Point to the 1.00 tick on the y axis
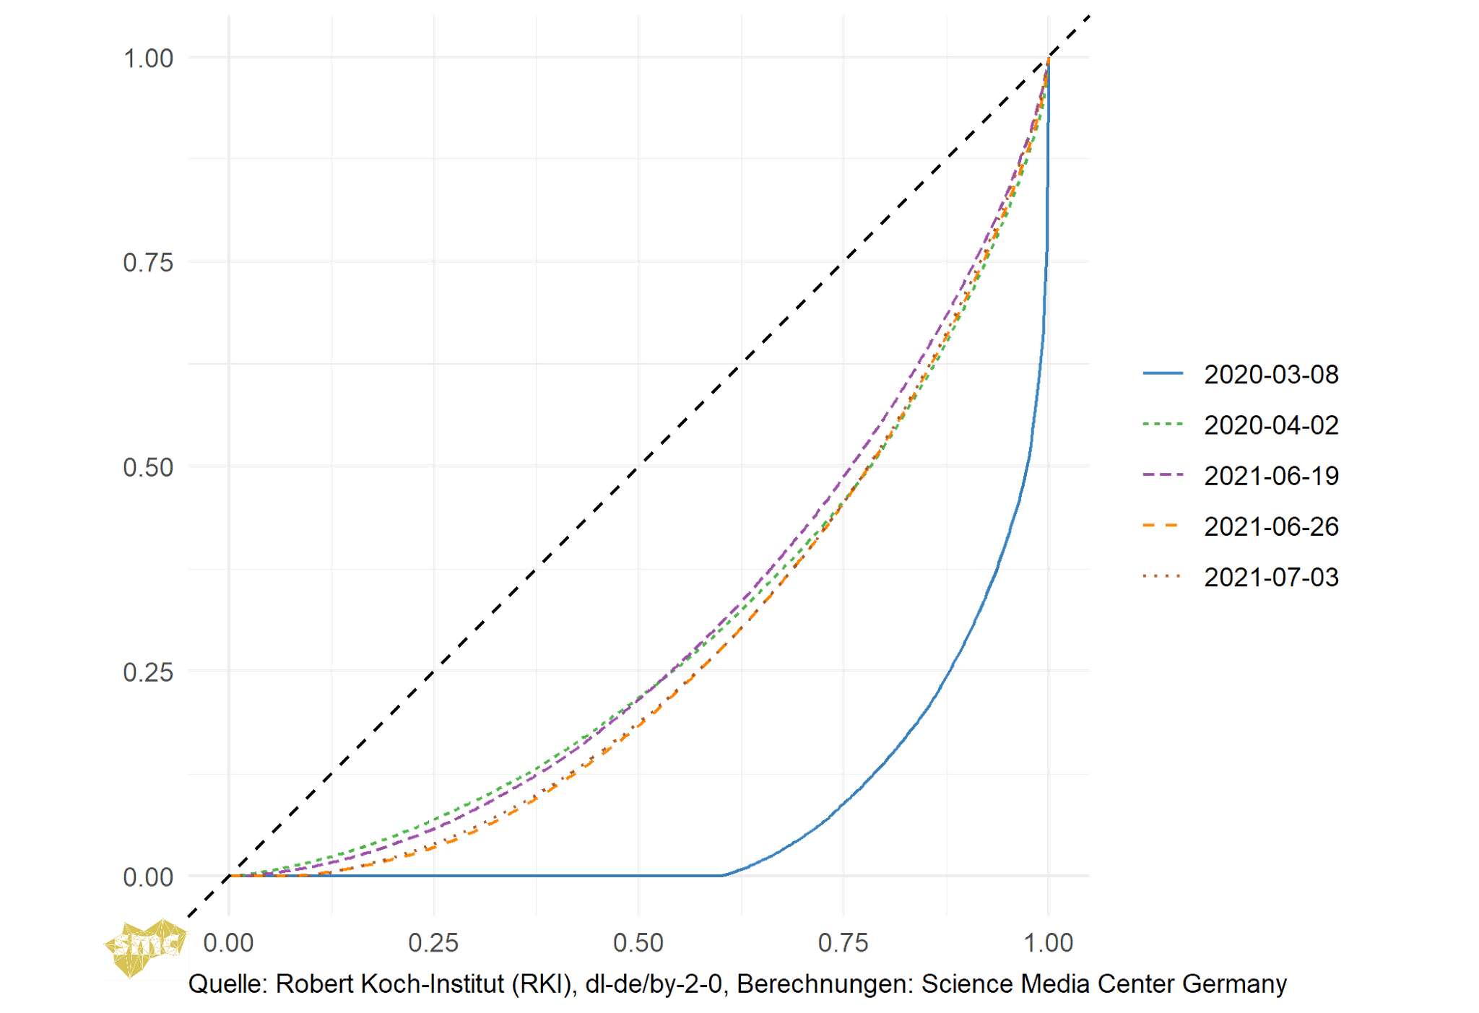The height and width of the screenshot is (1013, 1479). pos(149,58)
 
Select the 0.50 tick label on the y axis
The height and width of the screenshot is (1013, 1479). pos(149,467)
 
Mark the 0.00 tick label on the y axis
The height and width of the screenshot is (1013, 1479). pos(149,877)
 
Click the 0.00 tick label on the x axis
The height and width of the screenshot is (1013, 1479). pos(228,943)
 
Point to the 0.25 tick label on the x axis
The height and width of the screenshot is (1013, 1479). pos(433,943)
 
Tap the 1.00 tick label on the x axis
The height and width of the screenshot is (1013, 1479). pos(1048,943)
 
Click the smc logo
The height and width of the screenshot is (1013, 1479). pos(144,947)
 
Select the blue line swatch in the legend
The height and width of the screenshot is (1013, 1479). pos(1163,374)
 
